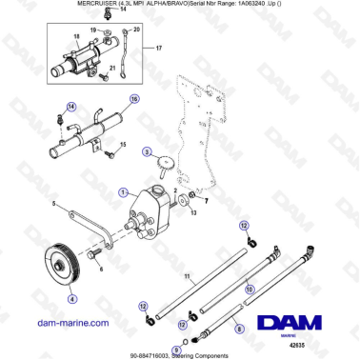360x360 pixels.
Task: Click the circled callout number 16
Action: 134,98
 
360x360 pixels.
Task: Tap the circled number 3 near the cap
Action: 147,150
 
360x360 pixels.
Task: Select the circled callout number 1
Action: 123,191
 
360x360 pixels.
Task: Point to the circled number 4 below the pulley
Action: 70,297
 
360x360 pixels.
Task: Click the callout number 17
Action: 159,48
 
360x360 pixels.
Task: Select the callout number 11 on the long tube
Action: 190,276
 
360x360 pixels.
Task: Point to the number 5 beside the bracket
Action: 55,207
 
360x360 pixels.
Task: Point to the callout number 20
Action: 135,30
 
